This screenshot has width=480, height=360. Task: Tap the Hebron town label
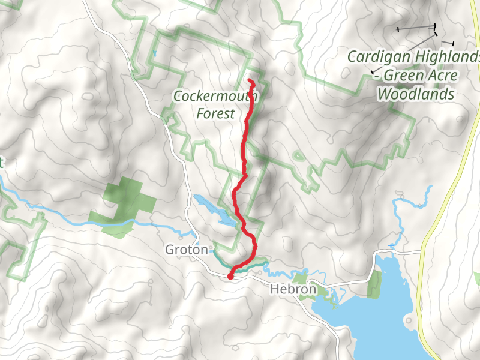292,289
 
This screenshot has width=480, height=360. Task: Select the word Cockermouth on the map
215,96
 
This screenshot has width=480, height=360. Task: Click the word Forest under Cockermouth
215,113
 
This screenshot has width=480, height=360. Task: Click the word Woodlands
415,94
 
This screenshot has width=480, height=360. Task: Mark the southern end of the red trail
230,277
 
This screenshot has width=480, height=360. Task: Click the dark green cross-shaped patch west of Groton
123,201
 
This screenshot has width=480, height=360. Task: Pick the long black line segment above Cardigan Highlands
416,28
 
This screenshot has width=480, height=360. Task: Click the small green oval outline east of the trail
298,157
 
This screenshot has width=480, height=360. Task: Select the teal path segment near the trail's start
252,266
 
